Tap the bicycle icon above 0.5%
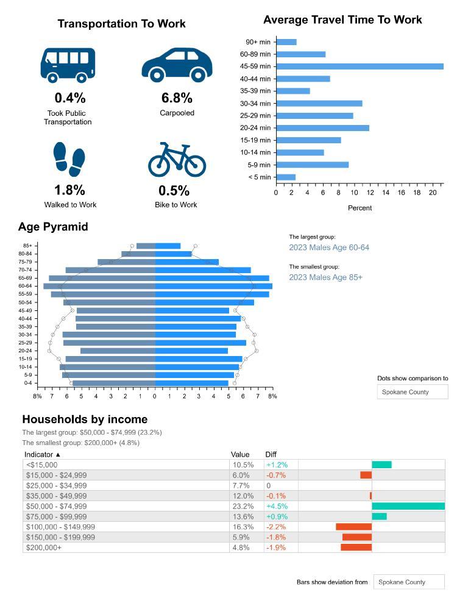[177, 160]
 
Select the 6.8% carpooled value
[177, 98]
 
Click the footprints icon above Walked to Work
[69, 159]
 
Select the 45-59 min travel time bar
[360, 66]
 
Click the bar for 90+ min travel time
[286, 42]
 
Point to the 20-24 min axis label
[255, 128]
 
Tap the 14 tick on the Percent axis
[386, 193]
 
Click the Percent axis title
[360, 208]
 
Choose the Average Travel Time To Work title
[342, 20]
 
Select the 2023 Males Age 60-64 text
[329, 248]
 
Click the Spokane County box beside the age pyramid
[413, 392]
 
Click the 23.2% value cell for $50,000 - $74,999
[243, 506]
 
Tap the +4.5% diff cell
[277, 506]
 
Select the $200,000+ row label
[44, 547]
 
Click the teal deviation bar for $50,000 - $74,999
[408, 506]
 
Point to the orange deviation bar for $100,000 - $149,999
[353, 527]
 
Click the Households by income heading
[85, 419]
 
